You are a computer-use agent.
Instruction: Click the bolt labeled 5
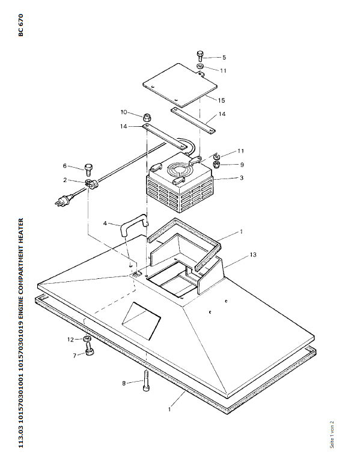[200, 56]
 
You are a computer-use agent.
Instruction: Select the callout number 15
[221, 100]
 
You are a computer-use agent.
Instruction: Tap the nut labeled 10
[146, 117]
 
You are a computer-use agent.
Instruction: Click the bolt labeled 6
[88, 170]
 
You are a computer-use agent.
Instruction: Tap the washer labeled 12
[87, 339]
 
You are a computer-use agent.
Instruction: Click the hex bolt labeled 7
[90, 350]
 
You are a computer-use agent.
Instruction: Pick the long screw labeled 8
[147, 381]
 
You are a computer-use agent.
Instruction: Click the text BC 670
[20, 25]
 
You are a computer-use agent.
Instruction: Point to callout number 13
[253, 254]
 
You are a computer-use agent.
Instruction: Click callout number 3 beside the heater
[242, 178]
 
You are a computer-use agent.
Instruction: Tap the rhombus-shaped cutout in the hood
[141, 320]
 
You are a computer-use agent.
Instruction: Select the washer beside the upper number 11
[200, 66]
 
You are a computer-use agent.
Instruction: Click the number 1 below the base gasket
[169, 409]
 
